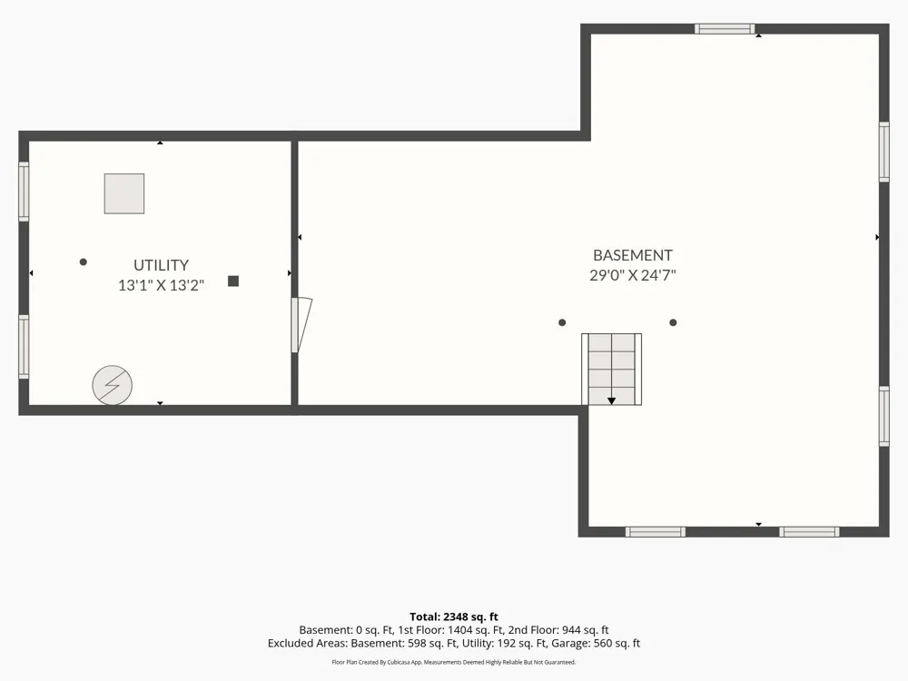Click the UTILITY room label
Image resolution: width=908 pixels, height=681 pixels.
tap(161, 265)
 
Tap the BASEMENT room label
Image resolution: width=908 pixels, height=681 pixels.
tap(632, 255)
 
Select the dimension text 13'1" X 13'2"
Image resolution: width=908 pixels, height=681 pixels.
tap(161, 285)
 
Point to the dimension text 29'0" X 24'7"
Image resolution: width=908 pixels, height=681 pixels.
tap(632, 275)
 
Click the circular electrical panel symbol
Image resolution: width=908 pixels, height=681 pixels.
tap(113, 385)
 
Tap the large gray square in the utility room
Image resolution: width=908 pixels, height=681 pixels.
tap(123, 193)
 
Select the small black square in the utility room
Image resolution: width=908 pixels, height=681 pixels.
tap(233, 281)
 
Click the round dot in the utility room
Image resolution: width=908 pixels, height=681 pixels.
tap(84, 262)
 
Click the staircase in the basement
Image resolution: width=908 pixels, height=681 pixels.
tap(611, 369)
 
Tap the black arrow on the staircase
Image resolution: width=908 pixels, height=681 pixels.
tap(611, 400)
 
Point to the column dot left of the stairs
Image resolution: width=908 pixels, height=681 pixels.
tap(562, 322)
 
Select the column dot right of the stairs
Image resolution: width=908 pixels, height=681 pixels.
tap(673, 322)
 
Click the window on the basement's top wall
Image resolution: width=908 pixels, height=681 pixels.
tap(725, 29)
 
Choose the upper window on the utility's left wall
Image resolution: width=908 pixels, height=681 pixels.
tap(24, 191)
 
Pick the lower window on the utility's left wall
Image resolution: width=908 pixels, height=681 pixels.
tap(24, 347)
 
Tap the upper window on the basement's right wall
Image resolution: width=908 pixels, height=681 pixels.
tap(883, 153)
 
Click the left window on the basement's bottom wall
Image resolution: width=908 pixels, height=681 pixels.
tap(655, 531)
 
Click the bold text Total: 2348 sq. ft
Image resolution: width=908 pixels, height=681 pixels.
tap(454, 617)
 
